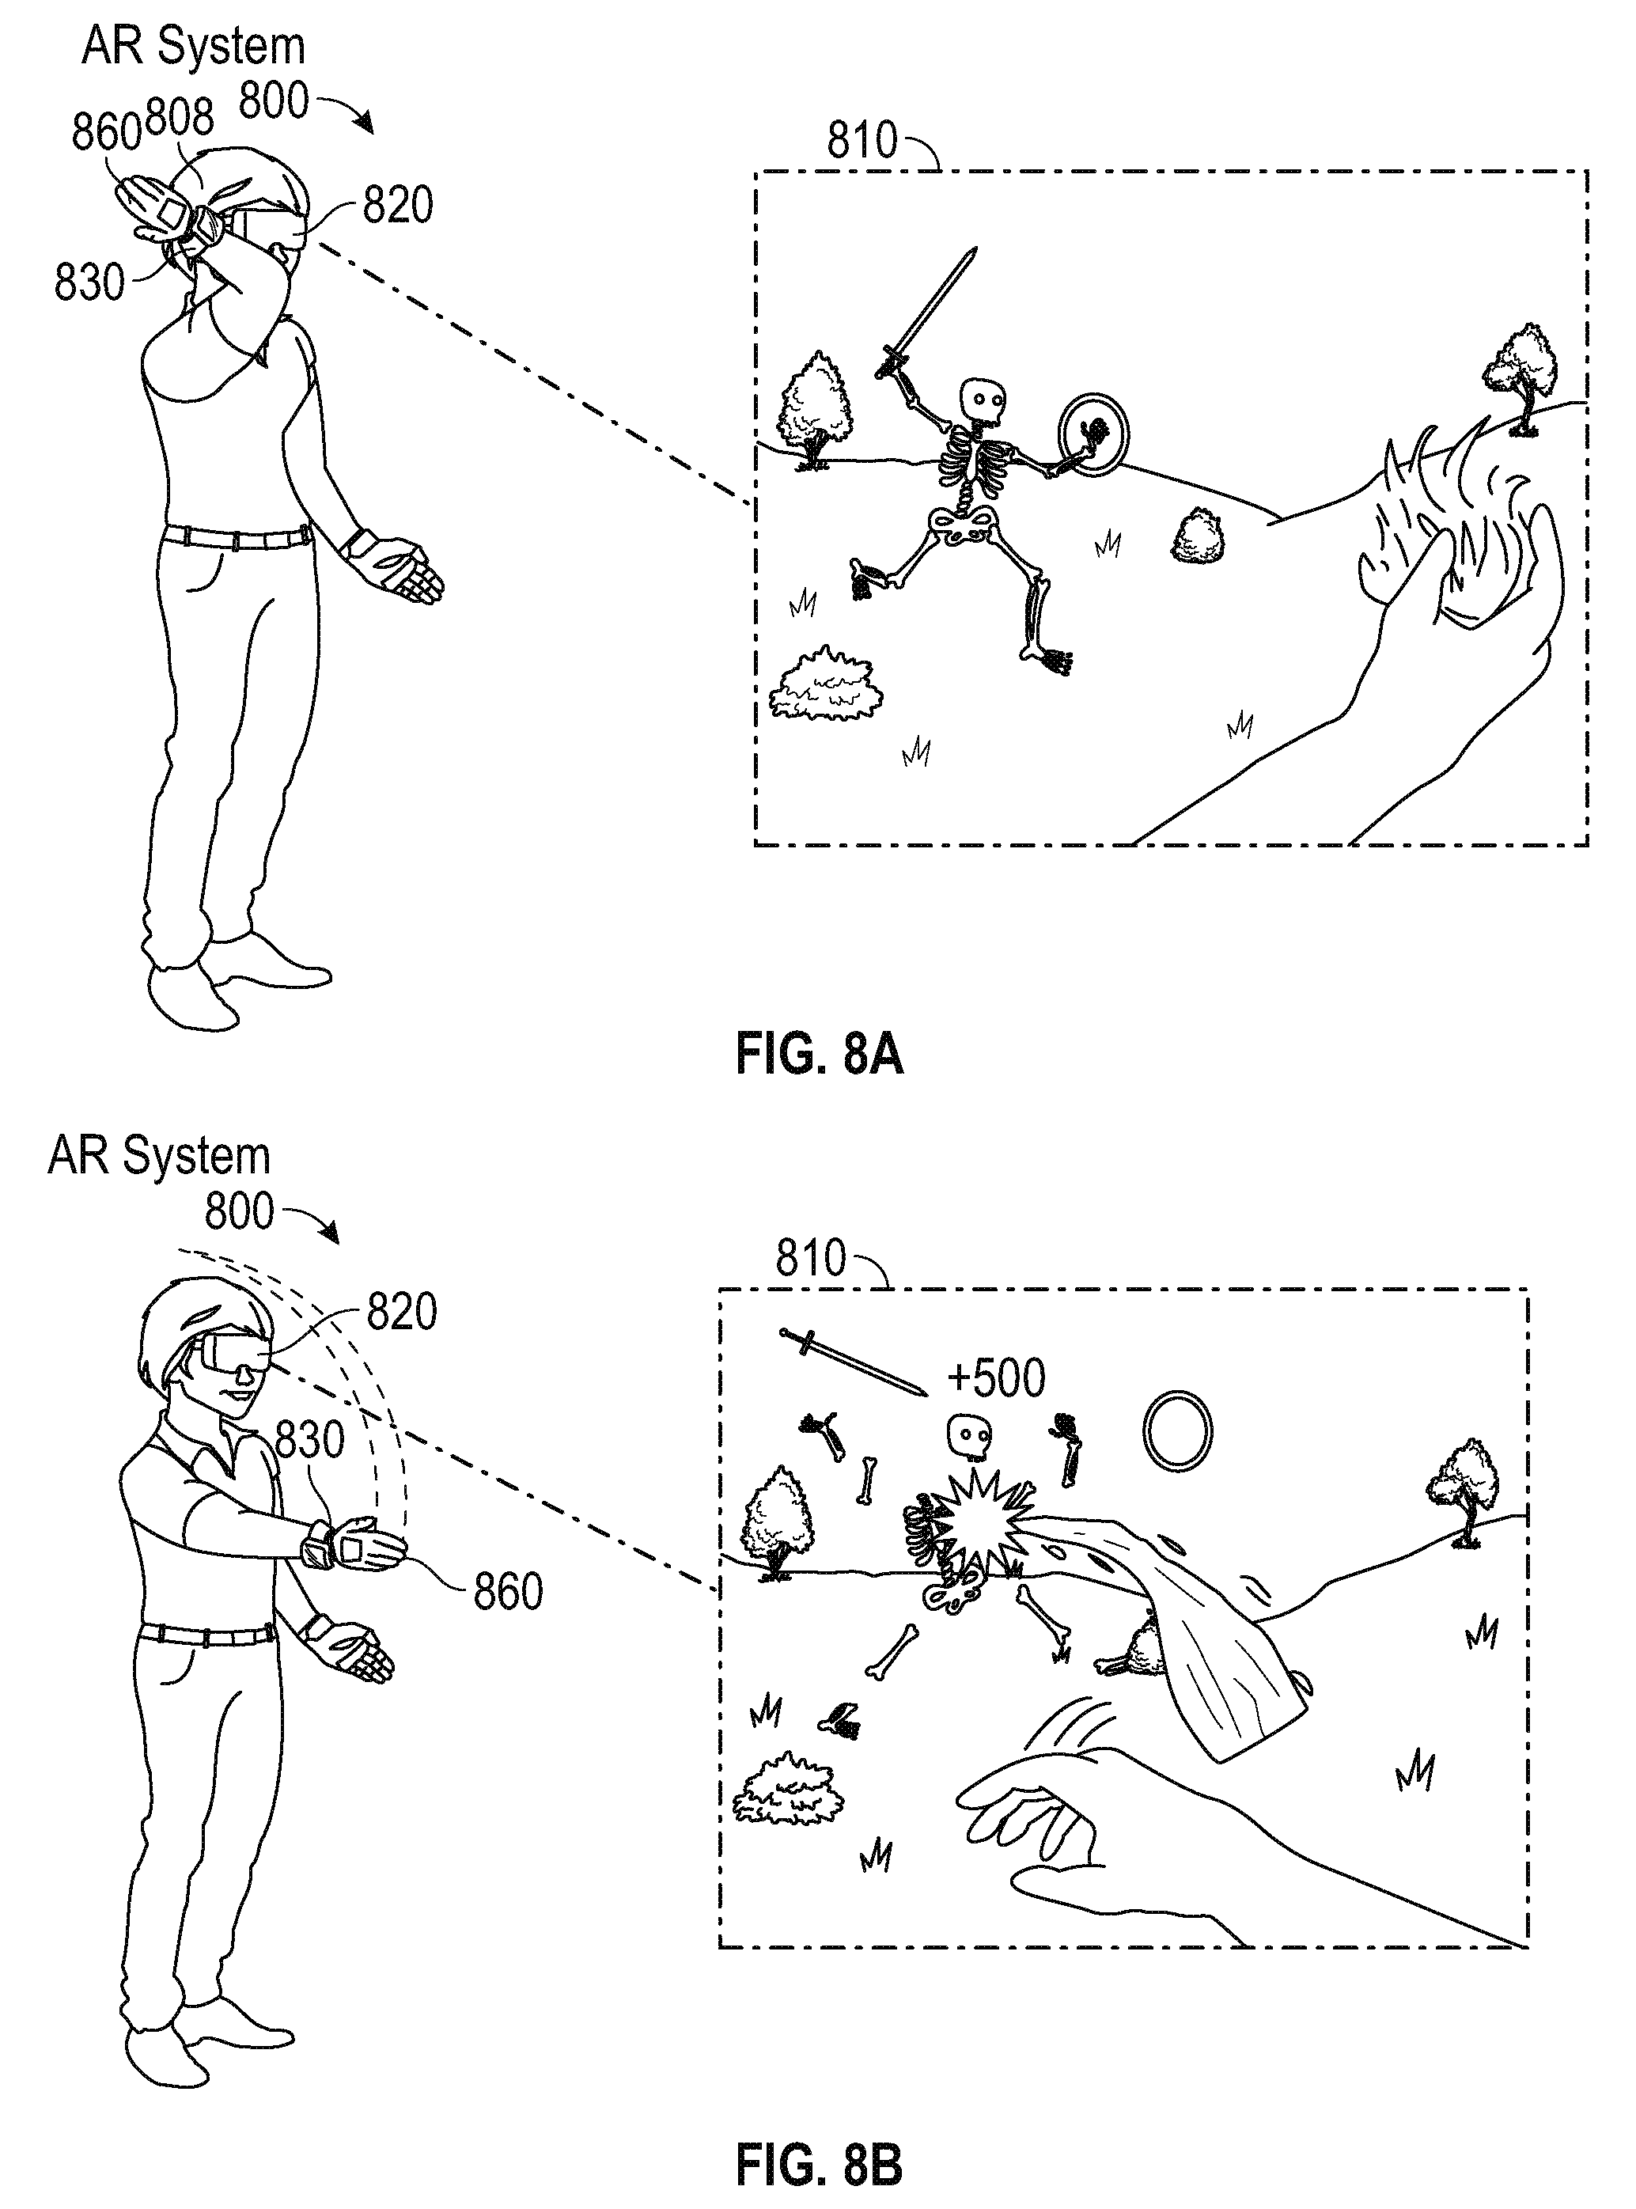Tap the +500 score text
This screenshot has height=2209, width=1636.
click(x=995, y=1378)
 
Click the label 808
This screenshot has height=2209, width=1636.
click(x=180, y=118)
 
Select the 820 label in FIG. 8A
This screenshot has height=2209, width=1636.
click(x=397, y=206)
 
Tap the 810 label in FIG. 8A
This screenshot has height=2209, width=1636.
click(x=862, y=141)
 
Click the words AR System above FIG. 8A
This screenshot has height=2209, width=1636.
click(x=193, y=47)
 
